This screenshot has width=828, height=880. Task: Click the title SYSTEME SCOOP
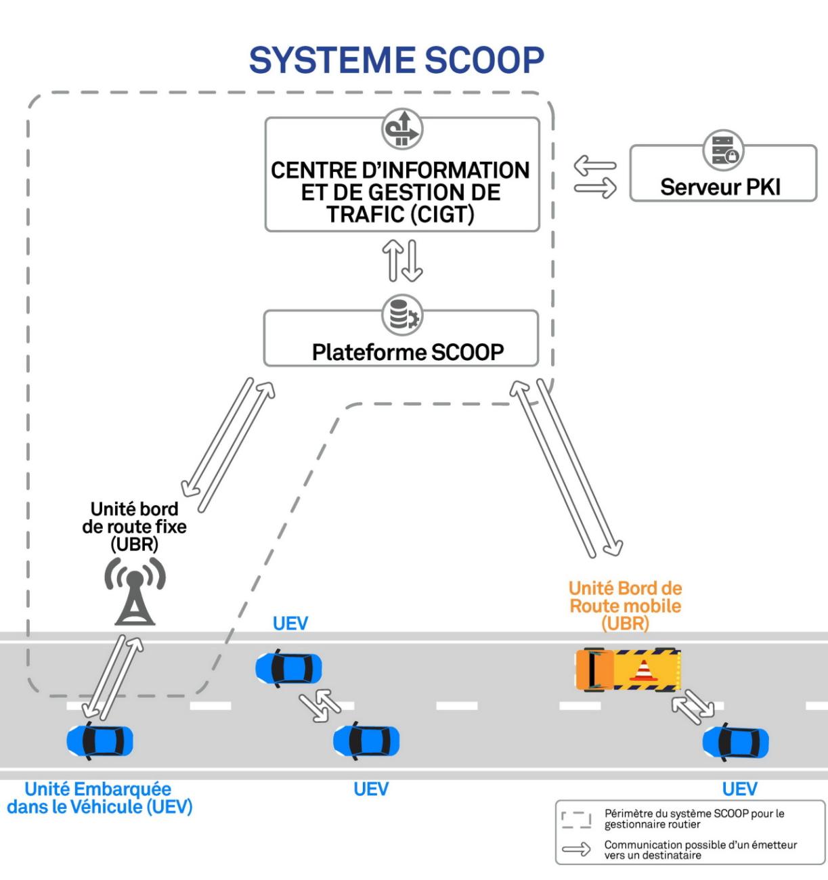pyautogui.click(x=397, y=61)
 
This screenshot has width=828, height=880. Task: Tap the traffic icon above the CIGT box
pyautogui.click(x=401, y=129)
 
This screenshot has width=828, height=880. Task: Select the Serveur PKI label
pyautogui.click(x=720, y=187)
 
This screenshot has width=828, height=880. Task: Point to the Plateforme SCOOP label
pyautogui.click(x=408, y=352)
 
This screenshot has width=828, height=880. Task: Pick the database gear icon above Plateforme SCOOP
pyautogui.click(x=401, y=315)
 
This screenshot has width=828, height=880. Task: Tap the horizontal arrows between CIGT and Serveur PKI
pyautogui.click(x=595, y=177)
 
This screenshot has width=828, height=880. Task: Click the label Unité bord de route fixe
pyautogui.click(x=134, y=526)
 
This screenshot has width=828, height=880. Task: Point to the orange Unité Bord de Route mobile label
pyautogui.click(x=625, y=605)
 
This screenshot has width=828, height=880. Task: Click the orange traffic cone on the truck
pyautogui.click(x=644, y=669)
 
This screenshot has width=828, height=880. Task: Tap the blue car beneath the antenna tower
pyautogui.click(x=100, y=741)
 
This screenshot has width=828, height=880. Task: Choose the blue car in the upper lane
pyautogui.click(x=288, y=668)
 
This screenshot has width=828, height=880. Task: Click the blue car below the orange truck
pyautogui.click(x=735, y=742)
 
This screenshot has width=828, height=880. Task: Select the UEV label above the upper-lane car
pyautogui.click(x=290, y=623)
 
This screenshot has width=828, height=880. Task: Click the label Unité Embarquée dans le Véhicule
pyautogui.click(x=100, y=797)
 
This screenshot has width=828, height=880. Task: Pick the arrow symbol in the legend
pyautogui.click(x=576, y=850)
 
